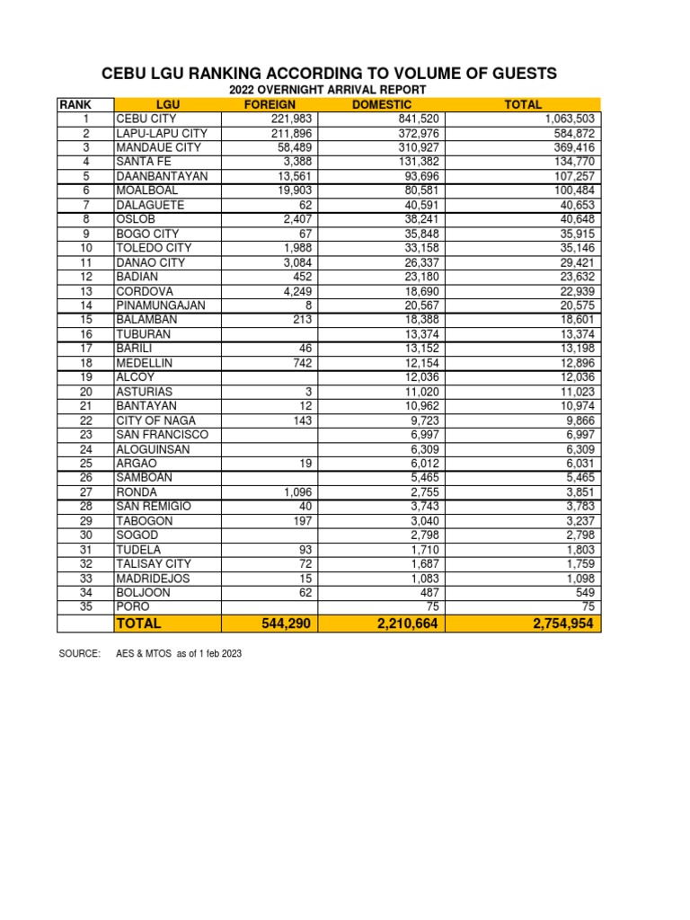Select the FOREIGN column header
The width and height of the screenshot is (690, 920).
tap(270, 105)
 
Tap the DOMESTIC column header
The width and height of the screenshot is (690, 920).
tap(382, 105)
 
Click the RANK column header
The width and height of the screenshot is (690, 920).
tap(75, 105)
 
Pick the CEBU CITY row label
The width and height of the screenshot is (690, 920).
tap(146, 119)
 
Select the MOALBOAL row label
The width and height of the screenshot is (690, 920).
tap(146, 190)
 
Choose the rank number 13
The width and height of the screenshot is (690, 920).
tap(86, 291)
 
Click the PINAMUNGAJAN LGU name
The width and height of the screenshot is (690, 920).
tap(160, 305)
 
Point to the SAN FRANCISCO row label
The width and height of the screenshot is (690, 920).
tap(162, 435)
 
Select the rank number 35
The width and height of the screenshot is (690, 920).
tap(86, 607)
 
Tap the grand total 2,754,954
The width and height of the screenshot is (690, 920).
tap(562, 624)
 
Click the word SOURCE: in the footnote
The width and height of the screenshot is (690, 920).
tap(79, 654)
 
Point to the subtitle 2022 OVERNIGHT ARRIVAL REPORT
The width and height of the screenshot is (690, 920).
tap(327, 91)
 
